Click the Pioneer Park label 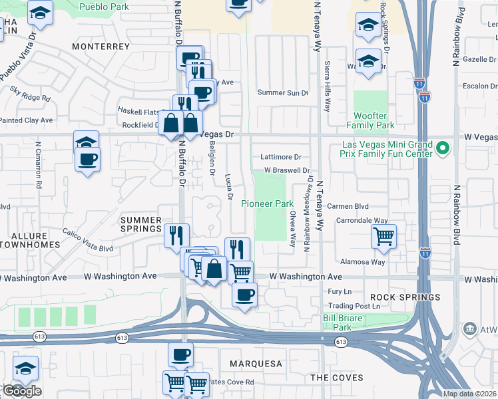click(267, 203)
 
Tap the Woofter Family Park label click(371, 120)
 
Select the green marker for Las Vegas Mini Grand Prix click(441, 146)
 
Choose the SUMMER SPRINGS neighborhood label click(140, 225)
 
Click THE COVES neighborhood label click(336, 377)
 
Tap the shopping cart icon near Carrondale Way click(384, 235)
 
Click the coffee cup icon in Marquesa click(180, 354)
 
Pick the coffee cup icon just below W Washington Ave click(244, 294)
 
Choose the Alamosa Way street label click(366, 262)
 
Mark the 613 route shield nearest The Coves click(341, 342)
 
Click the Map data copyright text click(469, 394)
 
